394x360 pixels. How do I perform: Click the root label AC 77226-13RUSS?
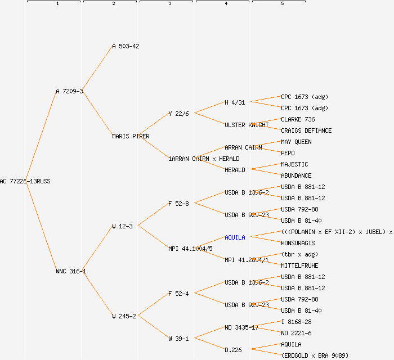coord(25,181)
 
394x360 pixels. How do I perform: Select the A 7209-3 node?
coord(69,91)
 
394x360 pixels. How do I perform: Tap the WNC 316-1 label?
coord(71,271)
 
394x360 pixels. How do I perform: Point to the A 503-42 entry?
coord(126,46)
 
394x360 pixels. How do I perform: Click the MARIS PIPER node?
coord(131,136)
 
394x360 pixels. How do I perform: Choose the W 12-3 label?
coord(122,226)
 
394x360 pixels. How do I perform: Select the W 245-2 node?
coord(124,316)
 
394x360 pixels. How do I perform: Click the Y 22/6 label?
coord(178,114)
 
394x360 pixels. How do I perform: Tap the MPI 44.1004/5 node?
coord(190,249)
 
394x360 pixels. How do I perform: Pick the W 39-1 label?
coord(178,339)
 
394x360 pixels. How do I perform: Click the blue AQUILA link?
coord(235,237)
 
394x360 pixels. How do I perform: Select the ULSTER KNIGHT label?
coord(247,125)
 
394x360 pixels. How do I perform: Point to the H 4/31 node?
coord(235,102)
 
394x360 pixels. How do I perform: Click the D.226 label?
coord(233,350)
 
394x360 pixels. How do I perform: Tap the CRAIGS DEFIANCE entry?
coord(306,130)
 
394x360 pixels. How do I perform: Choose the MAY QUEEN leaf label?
coord(296,142)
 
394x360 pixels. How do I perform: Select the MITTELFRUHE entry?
coord(299,265)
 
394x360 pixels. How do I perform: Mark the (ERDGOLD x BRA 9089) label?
coord(315,355)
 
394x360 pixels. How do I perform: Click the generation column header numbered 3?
coord(169,4)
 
